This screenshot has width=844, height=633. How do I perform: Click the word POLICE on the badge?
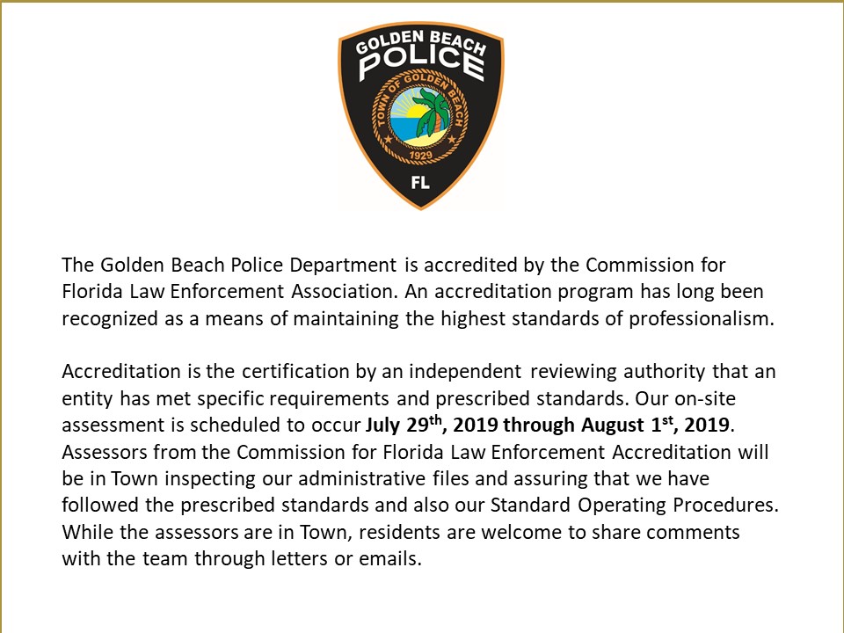click(420, 62)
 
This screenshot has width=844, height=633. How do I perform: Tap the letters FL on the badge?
click(419, 184)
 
